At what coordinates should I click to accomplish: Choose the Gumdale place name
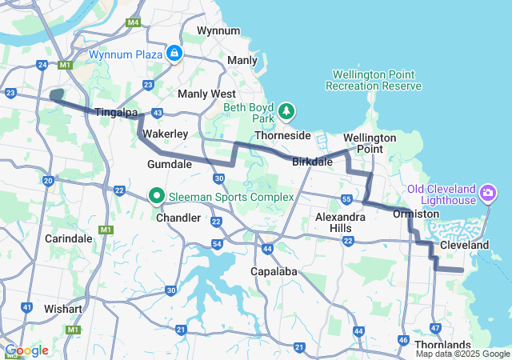point(170,164)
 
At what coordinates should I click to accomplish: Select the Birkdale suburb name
point(312,162)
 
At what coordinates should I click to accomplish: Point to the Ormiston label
point(416,214)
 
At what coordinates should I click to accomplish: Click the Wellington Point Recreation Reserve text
point(374,80)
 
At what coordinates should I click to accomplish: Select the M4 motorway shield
point(133,22)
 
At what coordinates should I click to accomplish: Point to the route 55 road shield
point(346,198)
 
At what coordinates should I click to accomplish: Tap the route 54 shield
point(218,243)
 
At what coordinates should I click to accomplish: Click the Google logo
point(26,350)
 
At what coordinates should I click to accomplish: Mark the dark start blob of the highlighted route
point(56,95)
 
